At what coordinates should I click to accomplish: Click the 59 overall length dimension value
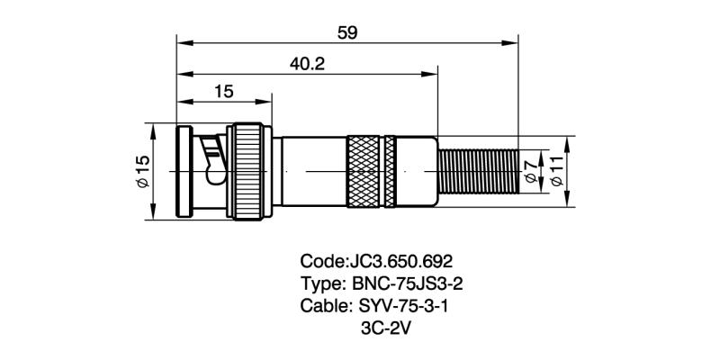pos(347,32)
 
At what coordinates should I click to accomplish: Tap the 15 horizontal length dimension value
pos(224,91)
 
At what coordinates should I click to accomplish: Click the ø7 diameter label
pos(531,171)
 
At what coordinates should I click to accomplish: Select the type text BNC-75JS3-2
pos(416,283)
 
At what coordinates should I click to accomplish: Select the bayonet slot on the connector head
pos(212,153)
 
